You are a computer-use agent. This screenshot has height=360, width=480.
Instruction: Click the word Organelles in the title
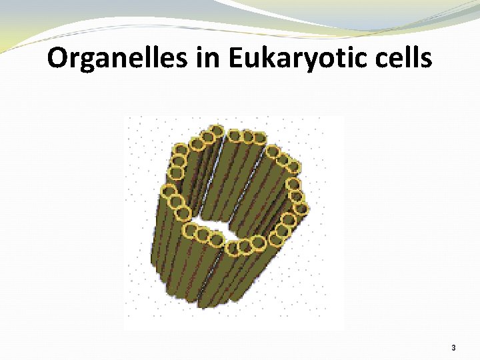117,59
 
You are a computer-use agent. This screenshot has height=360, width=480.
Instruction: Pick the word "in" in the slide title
207,59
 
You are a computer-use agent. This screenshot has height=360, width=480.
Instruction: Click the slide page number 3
453,348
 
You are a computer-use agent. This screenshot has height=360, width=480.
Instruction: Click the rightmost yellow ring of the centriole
301,209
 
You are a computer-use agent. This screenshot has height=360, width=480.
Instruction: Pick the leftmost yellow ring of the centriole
166,192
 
